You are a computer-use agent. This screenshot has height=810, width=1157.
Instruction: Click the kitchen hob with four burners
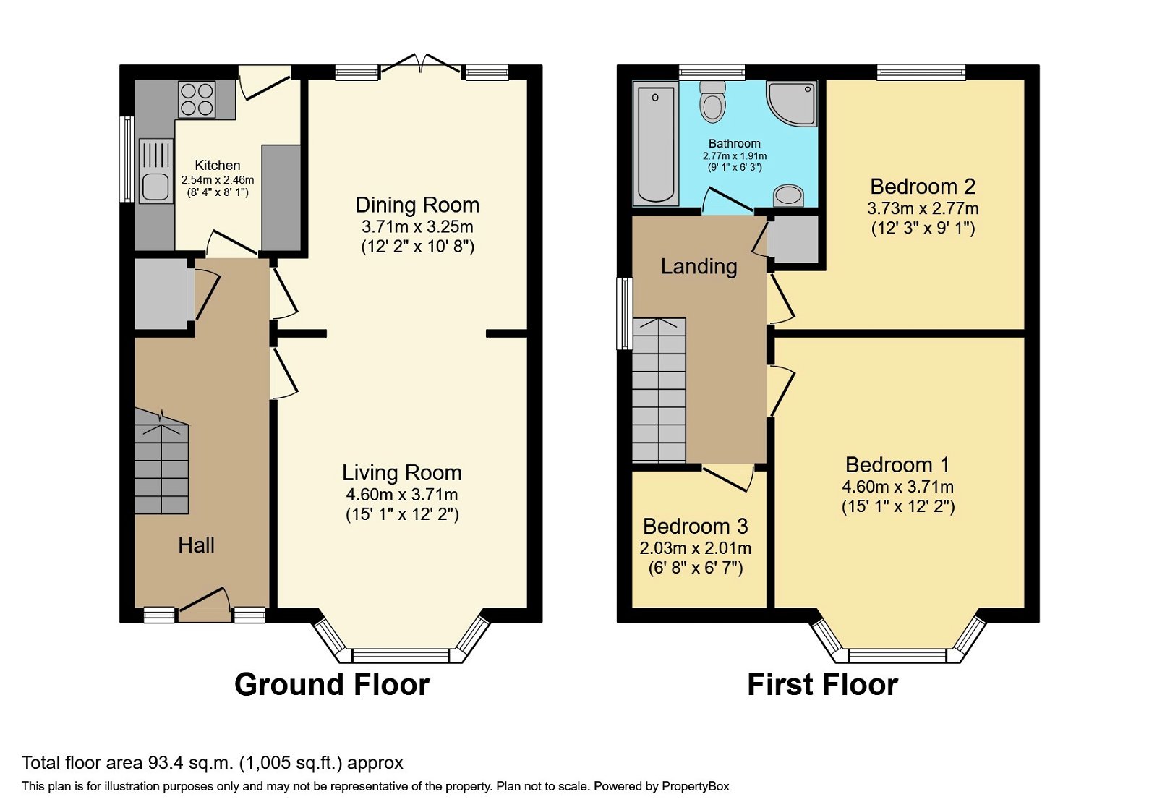[x=197, y=99]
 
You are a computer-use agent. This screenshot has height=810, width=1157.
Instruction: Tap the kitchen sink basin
[x=155, y=187]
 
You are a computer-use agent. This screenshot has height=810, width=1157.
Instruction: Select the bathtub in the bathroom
[x=656, y=145]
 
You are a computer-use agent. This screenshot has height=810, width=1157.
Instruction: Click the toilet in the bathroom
[x=713, y=101]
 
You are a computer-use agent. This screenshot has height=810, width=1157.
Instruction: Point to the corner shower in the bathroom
[x=792, y=103]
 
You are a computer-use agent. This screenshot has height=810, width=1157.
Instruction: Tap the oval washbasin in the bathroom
[x=788, y=196]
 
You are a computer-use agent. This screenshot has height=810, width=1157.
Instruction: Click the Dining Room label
[x=417, y=205]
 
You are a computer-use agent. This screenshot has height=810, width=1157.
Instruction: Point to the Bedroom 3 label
[x=695, y=526]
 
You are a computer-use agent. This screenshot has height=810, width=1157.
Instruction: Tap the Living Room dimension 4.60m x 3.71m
[x=402, y=495]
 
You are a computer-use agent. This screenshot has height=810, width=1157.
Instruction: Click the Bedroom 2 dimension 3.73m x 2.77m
[x=923, y=208]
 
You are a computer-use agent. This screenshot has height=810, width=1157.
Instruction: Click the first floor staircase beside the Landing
[x=659, y=390]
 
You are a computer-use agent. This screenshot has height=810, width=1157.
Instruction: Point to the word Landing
[x=699, y=267]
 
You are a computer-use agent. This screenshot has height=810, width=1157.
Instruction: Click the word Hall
[x=196, y=545]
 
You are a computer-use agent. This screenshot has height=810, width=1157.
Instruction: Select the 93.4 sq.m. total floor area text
[x=191, y=762]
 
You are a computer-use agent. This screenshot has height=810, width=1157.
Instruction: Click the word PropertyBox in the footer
[x=695, y=786]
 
